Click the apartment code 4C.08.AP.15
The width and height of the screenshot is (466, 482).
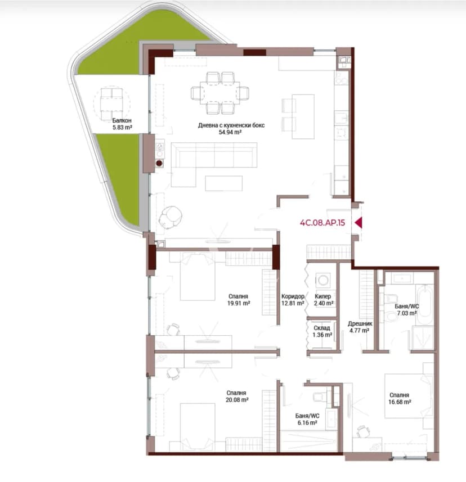(x=322, y=223)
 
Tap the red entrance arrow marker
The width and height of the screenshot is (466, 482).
(x=359, y=223)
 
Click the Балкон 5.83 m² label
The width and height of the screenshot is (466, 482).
(x=122, y=124)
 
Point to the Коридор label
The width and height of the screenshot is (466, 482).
(x=293, y=296)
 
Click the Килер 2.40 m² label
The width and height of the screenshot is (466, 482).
(x=323, y=300)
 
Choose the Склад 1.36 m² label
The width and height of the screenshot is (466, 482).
(x=322, y=331)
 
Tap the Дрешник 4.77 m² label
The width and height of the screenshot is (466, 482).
(x=359, y=327)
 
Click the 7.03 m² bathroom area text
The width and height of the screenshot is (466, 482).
(x=407, y=313)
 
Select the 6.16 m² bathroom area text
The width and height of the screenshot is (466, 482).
(x=307, y=423)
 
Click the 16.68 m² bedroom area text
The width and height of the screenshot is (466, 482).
(x=400, y=402)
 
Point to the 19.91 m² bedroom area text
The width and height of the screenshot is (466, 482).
(x=239, y=303)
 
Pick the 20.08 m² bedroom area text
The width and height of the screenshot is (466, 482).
(x=237, y=400)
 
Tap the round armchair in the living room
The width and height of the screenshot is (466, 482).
(x=170, y=217)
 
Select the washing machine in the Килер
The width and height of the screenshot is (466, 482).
(x=322, y=280)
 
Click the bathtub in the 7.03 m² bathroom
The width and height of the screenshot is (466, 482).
(x=425, y=304)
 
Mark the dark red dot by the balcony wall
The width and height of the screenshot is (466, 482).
(x=159, y=163)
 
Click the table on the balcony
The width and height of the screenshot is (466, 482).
(x=112, y=101)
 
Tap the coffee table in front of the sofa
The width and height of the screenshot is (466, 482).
(x=223, y=183)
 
